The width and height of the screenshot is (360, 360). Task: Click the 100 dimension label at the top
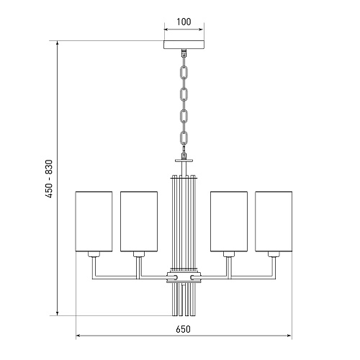(184, 22)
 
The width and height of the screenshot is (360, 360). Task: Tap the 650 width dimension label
(183, 329)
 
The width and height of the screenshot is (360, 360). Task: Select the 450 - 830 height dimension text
(49, 179)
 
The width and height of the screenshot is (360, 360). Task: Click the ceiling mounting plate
(184, 45)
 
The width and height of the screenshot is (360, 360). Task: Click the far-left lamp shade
(94, 222)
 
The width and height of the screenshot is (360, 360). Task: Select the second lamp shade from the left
(139, 222)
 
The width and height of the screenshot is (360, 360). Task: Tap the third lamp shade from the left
(229, 222)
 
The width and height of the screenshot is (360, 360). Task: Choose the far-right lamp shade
(274, 222)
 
